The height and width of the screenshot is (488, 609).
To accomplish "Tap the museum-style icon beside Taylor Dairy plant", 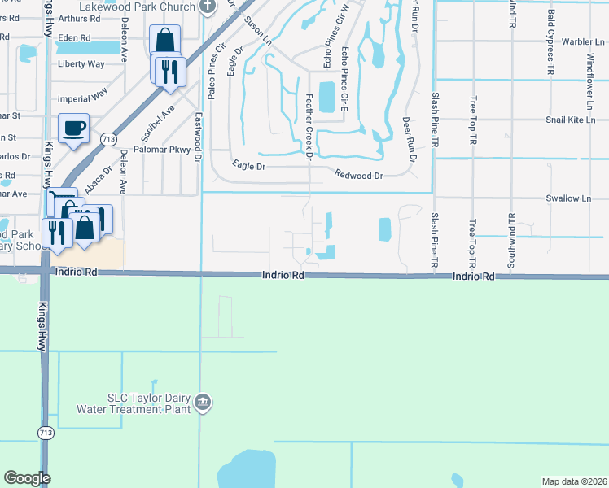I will [204, 402].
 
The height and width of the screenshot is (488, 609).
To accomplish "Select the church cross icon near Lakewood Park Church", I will [208, 7].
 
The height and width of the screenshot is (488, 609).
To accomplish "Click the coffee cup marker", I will [74, 128].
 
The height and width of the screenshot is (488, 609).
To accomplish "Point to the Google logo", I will [27, 478].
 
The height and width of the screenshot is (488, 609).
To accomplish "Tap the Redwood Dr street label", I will [358, 175].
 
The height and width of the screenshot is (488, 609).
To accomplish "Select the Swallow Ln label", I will [568, 198].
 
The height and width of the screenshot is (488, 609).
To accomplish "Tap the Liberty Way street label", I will [81, 63].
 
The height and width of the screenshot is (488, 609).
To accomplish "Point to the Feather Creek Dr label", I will [309, 127].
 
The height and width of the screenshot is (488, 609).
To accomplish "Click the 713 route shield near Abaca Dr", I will [107, 139].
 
